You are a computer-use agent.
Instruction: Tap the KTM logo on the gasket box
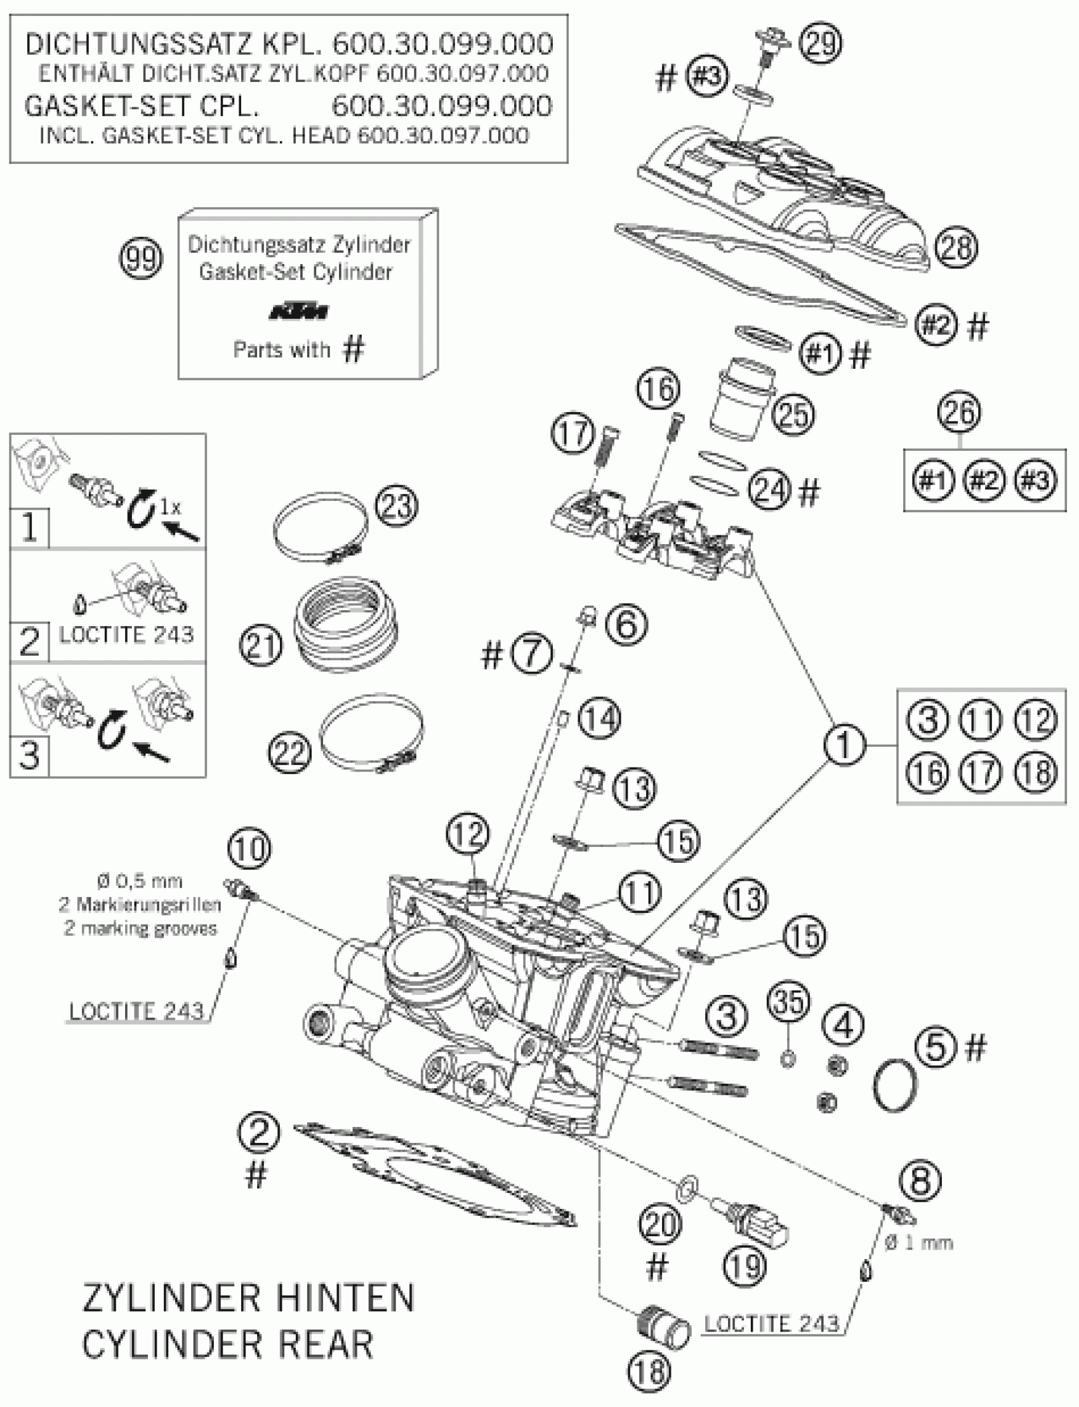(x=298, y=312)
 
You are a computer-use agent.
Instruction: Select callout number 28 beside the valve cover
(x=957, y=248)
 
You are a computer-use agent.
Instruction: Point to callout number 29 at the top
(x=820, y=43)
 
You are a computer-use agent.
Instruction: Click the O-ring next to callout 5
(x=895, y=1085)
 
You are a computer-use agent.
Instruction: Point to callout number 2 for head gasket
(x=259, y=1132)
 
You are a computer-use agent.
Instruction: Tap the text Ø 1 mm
(x=918, y=1243)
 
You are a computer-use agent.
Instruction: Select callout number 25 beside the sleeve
(x=793, y=414)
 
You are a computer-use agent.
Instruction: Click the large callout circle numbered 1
(x=844, y=745)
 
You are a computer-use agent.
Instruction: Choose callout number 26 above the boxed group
(x=960, y=412)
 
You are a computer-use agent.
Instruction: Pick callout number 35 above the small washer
(x=789, y=1001)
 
